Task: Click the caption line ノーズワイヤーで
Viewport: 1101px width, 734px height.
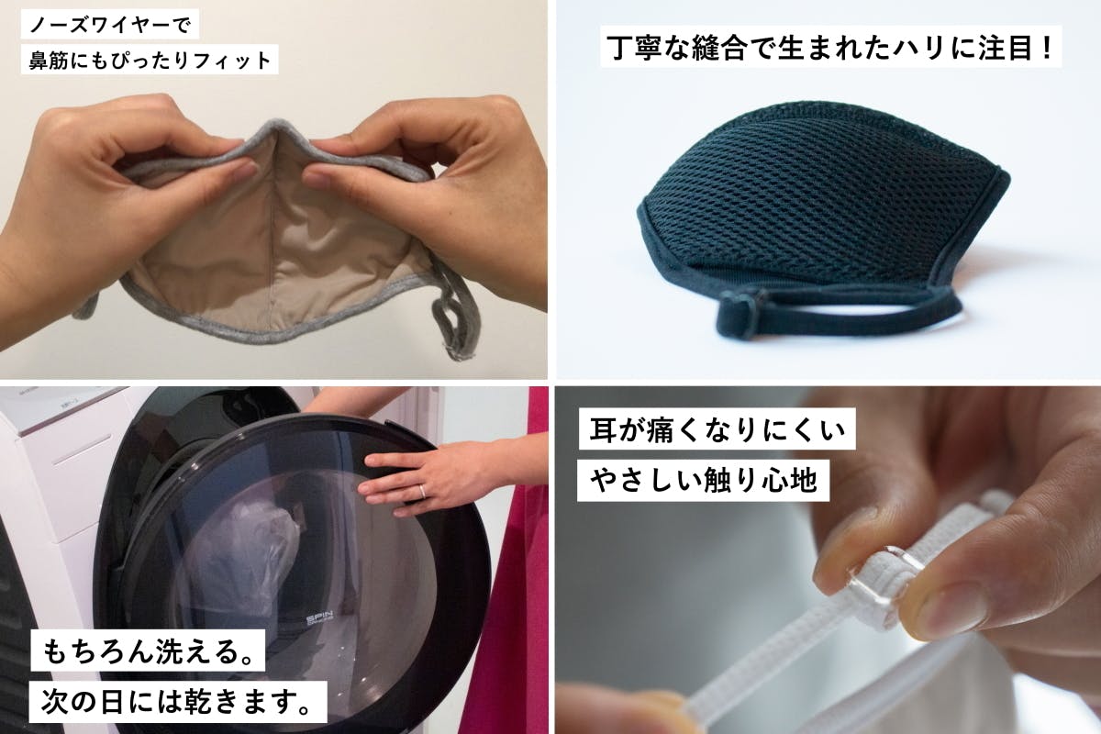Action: pos(109,25)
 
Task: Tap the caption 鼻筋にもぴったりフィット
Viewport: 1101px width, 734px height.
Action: pos(150,60)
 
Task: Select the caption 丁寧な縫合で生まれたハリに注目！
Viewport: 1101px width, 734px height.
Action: pos(831,47)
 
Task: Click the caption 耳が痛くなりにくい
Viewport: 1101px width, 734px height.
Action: pos(717,429)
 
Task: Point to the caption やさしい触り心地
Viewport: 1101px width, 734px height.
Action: pos(704,481)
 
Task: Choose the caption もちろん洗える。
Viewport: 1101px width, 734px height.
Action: pos(148,651)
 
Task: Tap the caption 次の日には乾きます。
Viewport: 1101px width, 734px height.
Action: pos(178,702)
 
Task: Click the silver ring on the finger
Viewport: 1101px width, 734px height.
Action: pos(421,491)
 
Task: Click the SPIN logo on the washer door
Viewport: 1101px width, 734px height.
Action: pos(319,618)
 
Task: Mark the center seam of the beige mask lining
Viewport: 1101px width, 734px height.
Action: pos(272,231)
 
